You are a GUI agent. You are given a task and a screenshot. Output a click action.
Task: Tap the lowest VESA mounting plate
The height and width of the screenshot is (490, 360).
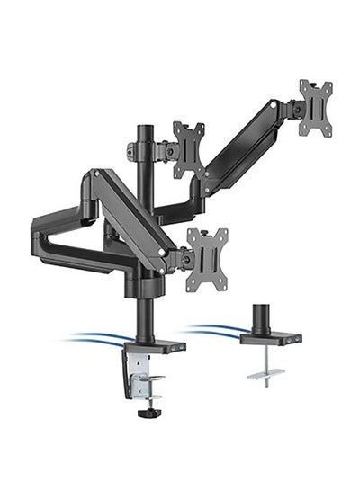206,259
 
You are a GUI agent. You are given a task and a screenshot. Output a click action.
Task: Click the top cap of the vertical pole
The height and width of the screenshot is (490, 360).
143,128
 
